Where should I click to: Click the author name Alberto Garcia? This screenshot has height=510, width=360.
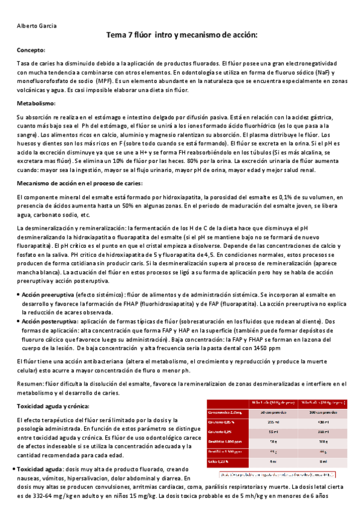pos(32,25)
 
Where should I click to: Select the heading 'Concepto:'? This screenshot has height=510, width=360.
pos(31,51)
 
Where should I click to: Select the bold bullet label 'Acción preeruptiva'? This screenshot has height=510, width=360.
pos(48,295)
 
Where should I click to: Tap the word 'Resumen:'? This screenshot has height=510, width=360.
pos(30,383)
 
